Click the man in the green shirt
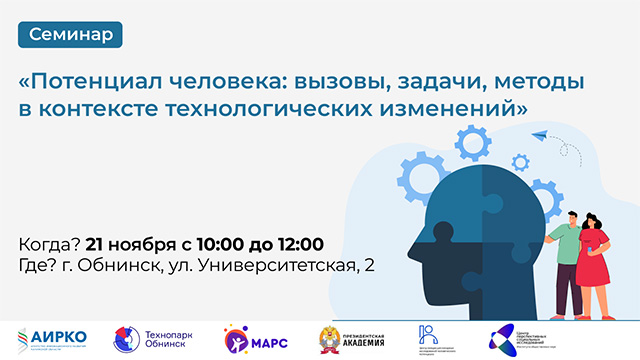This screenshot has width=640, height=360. pyautogui.click(x=564, y=250)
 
